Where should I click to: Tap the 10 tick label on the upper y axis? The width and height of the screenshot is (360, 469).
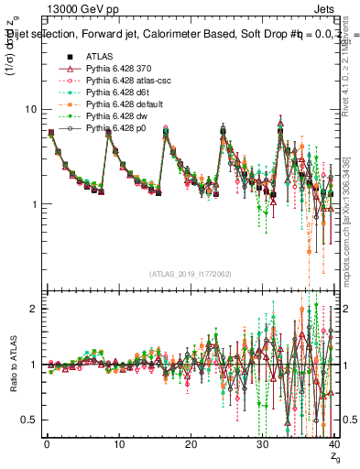27,109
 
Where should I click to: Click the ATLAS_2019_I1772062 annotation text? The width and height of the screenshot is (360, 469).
190,273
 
